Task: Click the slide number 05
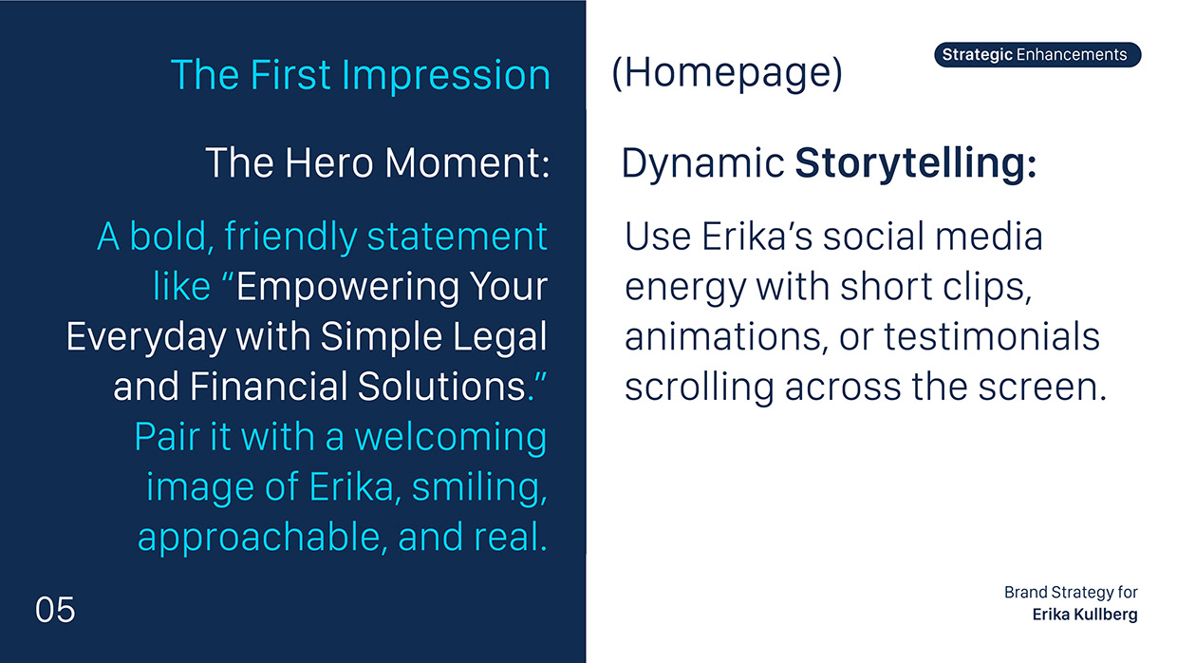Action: (x=55, y=610)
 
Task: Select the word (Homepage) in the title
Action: (x=726, y=75)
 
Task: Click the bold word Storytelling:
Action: (x=915, y=163)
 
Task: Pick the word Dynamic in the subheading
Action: (x=702, y=163)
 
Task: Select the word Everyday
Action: (x=146, y=336)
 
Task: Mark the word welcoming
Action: (x=450, y=437)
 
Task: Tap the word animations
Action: (x=719, y=336)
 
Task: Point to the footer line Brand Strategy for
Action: (x=1071, y=593)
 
